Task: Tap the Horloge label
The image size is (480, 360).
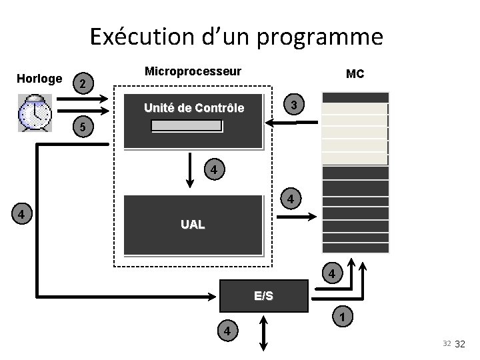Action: click(x=39, y=79)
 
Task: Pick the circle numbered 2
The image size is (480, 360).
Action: click(x=81, y=84)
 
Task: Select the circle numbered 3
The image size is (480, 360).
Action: click(x=294, y=104)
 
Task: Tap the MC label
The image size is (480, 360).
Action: click(x=355, y=74)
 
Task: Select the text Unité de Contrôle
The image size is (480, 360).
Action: click(x=194, y=108)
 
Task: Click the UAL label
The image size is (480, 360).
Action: click(x=193, y=225)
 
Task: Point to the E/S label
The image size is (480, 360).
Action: click(x=263, y=296)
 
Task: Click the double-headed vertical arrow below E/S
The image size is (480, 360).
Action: click(x=263, y=332)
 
